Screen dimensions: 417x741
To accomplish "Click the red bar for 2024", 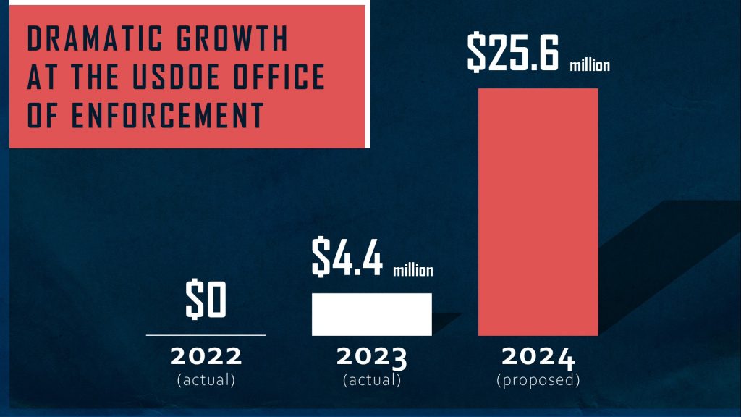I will click(x=538, y=211).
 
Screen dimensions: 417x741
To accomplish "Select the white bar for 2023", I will click(x=371, y=314).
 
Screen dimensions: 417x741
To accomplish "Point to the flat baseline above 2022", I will click(x=206, y=335).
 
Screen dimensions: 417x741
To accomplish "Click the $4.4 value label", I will click(x=347, y=258).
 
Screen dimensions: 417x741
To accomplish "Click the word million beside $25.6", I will click(x=590, y=66).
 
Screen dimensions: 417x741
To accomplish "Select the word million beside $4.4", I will click(x=413, y=271).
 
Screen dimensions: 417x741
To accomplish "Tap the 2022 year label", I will click(x=206, y=357).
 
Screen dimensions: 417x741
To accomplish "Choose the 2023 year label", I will click(x=372, y=357).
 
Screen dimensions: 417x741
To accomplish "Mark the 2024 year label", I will click(x=538, y=357).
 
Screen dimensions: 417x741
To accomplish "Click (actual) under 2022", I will click(x=206, y=379).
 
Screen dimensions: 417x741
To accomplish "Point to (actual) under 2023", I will click(x=372, y=379).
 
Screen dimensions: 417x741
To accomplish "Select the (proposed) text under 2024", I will click(x=538, y=379).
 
